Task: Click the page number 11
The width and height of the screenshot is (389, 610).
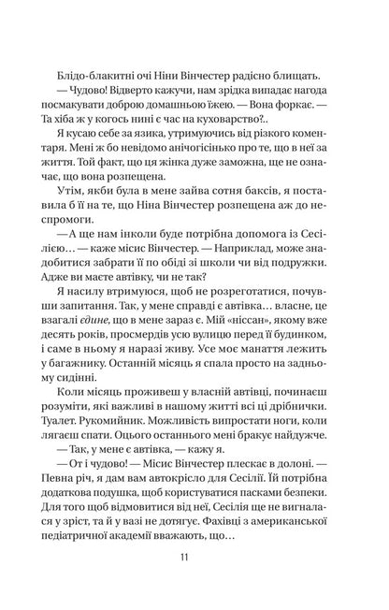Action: click(194, 559)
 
